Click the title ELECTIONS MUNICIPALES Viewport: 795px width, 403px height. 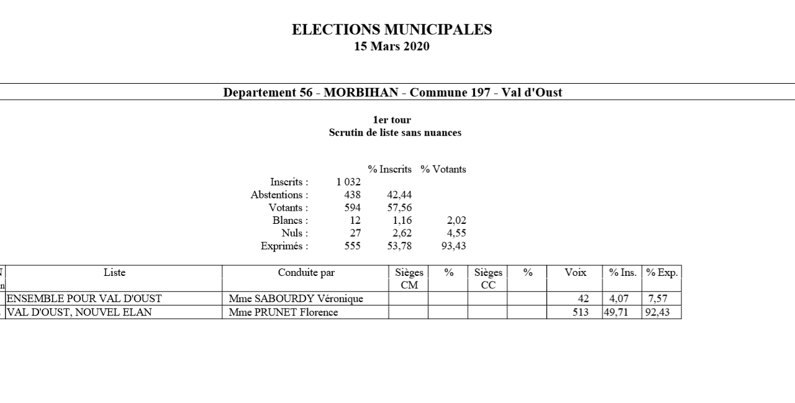point(392,30)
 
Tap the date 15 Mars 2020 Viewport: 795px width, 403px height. point(392,46)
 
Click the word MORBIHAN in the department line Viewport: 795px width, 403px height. point(361,92)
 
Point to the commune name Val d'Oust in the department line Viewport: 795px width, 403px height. point(532,92)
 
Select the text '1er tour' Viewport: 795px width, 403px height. point(392,120)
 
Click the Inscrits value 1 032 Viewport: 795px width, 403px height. point(348,182)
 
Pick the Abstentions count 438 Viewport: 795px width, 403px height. point(352,195)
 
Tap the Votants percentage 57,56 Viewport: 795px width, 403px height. point(399,208)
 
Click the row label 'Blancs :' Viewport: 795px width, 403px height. point(290,221)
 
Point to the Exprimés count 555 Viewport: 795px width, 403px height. point(352,246)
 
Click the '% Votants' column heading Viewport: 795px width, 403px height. point(443,169)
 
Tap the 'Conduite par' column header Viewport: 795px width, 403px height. point(306,273)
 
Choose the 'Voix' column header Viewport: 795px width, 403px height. point(575,273)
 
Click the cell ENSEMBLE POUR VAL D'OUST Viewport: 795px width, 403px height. point(84,299)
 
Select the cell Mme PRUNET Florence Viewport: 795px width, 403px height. point(283,312)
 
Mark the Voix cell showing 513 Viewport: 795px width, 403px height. point(581,312)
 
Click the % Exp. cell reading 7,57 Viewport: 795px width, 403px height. point(658,299)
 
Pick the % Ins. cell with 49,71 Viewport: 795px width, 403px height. point(616,312)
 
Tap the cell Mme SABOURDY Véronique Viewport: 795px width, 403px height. point(296,299)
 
